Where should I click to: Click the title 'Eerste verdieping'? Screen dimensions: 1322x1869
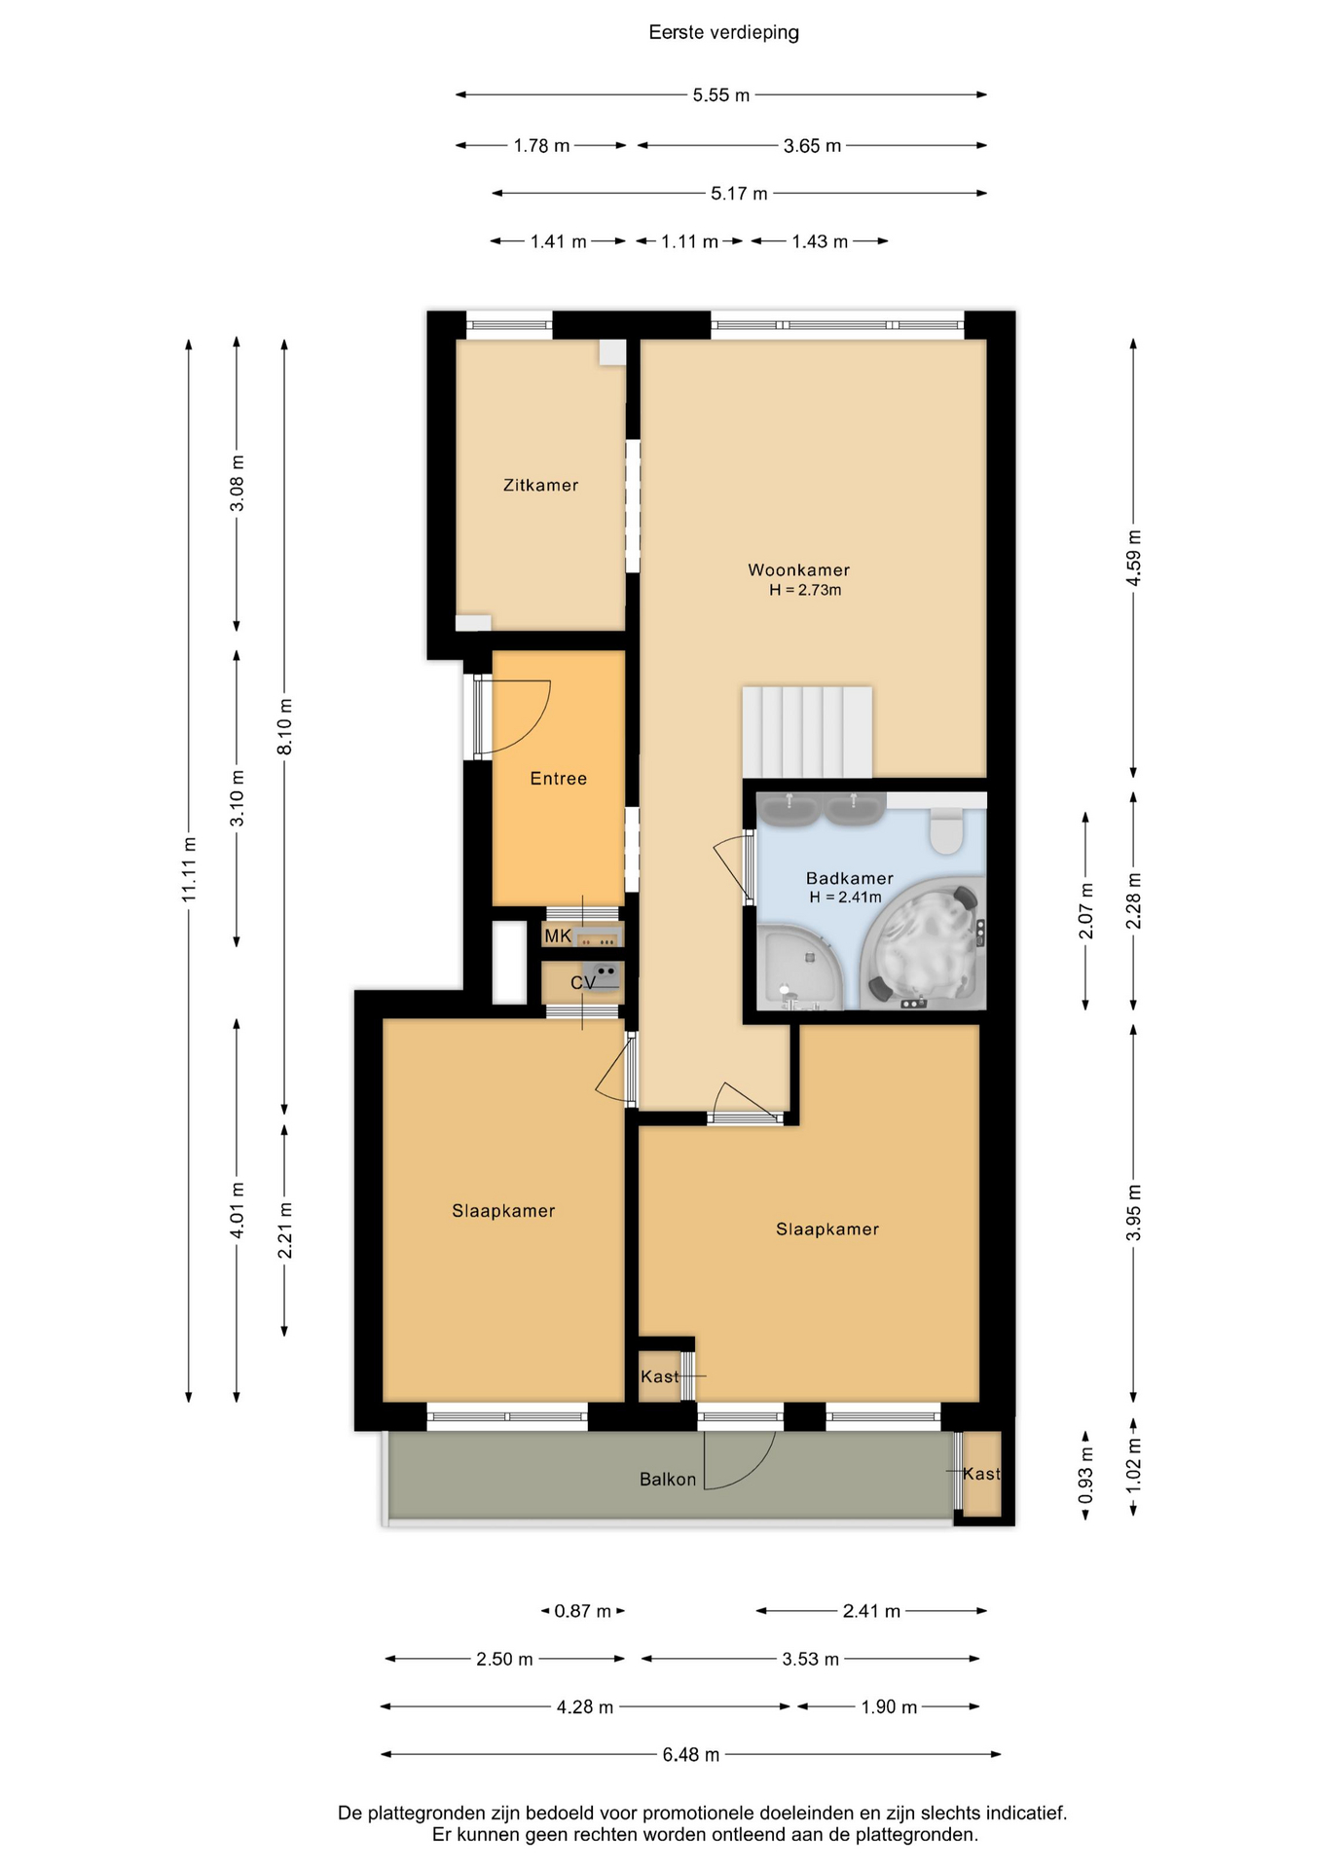click(723, 33)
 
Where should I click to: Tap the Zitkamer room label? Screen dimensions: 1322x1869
click(540, 485)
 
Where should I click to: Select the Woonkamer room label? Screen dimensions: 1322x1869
click(798, 570)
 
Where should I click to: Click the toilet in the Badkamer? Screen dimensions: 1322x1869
click(945, 830)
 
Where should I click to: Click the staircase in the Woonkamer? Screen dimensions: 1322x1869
click(807, 732)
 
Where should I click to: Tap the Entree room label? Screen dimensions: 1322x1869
click(558, 779)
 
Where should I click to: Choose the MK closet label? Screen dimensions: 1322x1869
click(558, 936)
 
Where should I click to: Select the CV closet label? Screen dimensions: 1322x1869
click(582, 983)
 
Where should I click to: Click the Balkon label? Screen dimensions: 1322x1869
click(668, 1480)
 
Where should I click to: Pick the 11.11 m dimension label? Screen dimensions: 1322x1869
click(190, 869)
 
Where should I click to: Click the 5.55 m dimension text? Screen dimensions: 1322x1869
click(721, 95)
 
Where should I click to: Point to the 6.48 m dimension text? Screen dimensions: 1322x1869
click(691, 1755)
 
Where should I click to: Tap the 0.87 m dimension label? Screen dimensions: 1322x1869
click(582, 1611)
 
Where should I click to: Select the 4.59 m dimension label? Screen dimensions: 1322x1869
click(1134, 558)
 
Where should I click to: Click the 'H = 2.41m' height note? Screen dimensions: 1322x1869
click(845, 898)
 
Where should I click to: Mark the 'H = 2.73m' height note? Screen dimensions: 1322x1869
click(805, 590)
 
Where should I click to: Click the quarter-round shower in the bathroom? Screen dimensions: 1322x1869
click(796, 970)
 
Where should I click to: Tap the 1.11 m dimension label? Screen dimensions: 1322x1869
click(689, 241)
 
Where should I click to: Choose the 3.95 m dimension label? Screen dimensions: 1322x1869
click(1134, 1213)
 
